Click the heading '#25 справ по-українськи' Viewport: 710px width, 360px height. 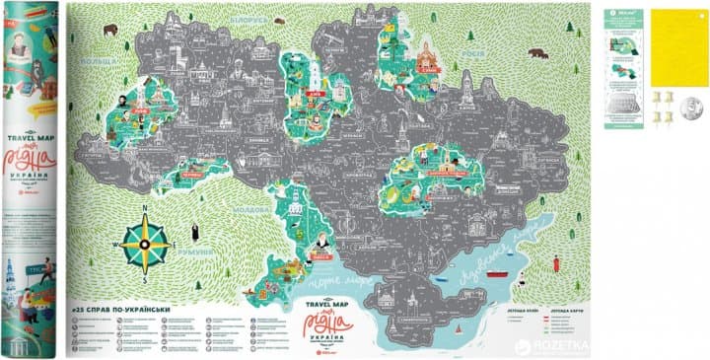(127, 311)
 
